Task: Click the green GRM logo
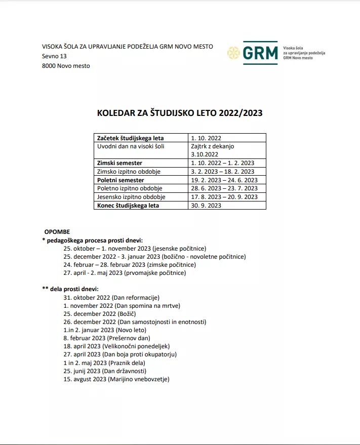(x=260, y=53)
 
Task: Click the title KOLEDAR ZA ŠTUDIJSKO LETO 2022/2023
(x=180, y=113)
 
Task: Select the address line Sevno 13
(x=54, y=56)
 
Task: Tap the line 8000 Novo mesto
(x=66, y=66)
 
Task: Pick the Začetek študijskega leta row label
(x=130, y=138)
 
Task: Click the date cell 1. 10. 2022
(x=206, y=138)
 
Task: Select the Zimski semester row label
(x=119, y=163)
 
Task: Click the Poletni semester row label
(x=121, y=180)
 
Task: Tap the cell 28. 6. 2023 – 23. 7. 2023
(x=224, y=188)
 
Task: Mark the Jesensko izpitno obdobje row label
(x=131, y=197)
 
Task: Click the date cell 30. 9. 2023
(x=206, y=206)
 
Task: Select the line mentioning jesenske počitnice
(x=134, y=249)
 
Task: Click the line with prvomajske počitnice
(x=125, y=273)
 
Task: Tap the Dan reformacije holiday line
(x=111, y=298)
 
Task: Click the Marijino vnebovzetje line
(x=116, y=379)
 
